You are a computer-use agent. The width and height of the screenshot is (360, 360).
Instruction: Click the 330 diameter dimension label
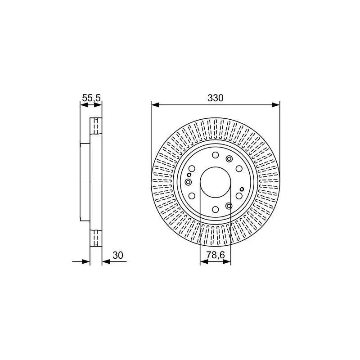tap(216, 98)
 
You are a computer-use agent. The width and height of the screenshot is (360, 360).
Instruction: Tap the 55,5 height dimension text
tap(91, 98)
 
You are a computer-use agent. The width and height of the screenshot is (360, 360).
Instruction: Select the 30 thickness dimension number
tap(118, 255)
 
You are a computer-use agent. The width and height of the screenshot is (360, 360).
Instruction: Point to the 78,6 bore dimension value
tap(216, 255)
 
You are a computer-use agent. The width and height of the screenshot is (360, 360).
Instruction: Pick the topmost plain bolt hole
tap(216, 155)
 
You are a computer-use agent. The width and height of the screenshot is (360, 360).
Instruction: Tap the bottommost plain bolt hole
tap(216, 209)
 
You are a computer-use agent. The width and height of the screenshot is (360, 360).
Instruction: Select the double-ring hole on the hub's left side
tap(188, 182)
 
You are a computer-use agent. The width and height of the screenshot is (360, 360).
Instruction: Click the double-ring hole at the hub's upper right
tap(229, 159)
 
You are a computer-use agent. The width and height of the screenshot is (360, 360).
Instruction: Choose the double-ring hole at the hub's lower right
tap(229, 206)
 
